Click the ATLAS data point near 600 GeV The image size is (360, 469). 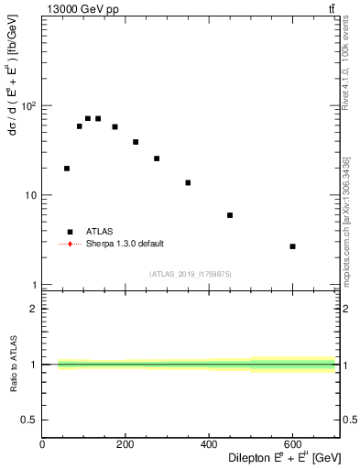tap(292, 246)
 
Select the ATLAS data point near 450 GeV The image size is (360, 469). tap(230, 215)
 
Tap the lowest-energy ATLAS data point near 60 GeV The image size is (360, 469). tap(67, 169)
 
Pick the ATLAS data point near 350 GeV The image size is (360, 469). tap(188, 182)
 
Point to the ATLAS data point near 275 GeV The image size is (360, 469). tap(157, 158)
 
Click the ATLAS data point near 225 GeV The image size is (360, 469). tap(136, 142)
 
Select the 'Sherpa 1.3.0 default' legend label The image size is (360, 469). tap(125, 244)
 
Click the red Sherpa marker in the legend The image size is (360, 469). tap(69, 244)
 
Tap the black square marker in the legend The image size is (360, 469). tap(69, 232)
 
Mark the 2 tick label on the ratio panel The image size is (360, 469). tap(34, 310)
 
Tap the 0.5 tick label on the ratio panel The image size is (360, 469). tap(30, 420)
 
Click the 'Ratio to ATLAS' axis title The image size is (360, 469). tap(14, 365)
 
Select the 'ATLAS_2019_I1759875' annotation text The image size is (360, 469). tap(190, 273)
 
